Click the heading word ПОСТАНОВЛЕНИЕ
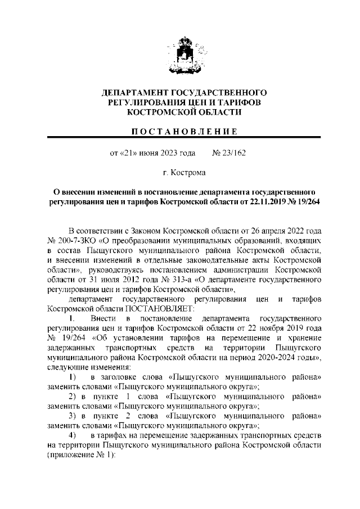click(184, 132)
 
